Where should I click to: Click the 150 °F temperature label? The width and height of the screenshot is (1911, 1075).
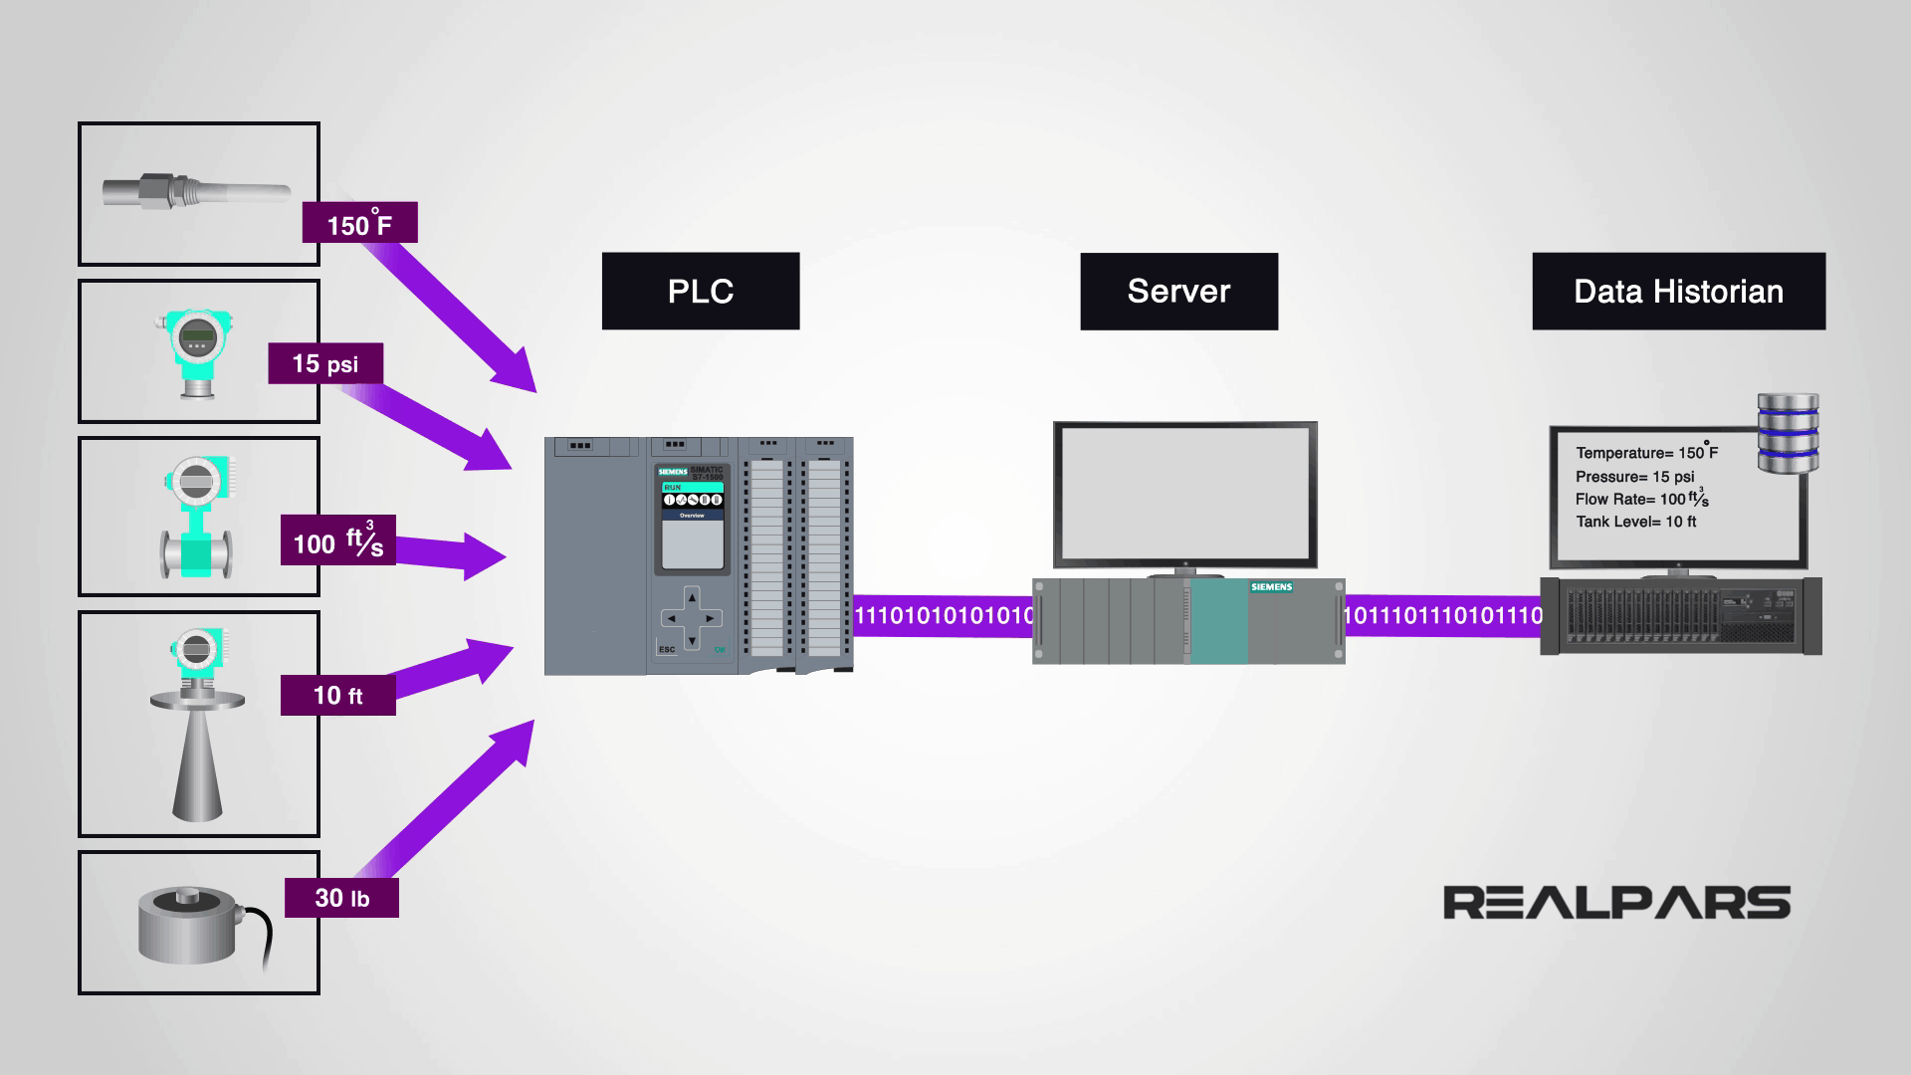359,223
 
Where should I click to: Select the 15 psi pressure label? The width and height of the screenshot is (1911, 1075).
325,363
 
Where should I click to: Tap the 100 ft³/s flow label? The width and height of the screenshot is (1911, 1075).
337,540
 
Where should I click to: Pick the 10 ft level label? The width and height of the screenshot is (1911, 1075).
337,695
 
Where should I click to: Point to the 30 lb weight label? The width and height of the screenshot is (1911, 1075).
341,898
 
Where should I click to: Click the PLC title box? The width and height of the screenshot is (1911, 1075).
701,291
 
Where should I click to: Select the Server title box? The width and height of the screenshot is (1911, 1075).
1178,291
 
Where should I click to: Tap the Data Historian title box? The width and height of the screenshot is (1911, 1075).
1678,291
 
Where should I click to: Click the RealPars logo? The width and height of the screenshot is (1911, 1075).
1616,903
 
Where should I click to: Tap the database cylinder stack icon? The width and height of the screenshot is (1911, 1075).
1788,433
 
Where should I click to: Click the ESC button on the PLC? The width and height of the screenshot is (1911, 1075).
666,650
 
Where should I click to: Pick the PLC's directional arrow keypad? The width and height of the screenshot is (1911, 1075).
691,617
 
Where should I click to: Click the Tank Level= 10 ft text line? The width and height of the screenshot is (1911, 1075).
1635,522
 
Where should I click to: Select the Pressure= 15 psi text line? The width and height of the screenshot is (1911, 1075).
1634,477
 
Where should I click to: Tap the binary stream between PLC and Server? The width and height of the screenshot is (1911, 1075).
944,616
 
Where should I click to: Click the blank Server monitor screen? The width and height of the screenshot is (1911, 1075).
1184,494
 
